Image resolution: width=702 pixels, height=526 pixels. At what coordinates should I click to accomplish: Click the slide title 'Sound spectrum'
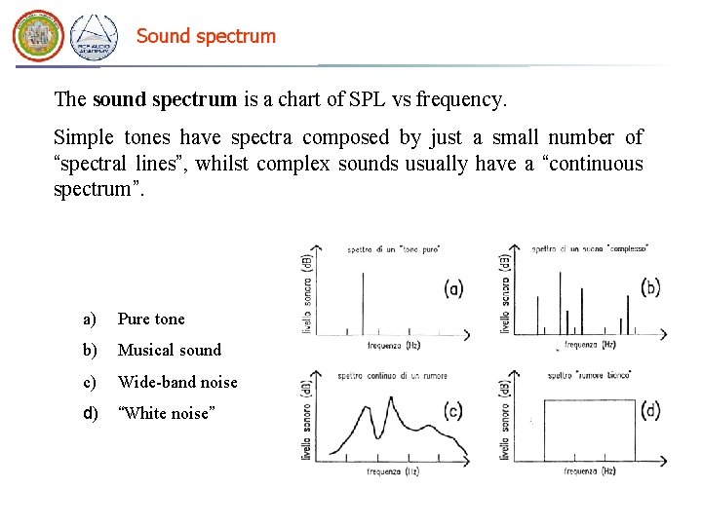click(x=206, y=36)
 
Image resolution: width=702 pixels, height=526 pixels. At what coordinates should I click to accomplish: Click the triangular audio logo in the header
click(x=94, y=37)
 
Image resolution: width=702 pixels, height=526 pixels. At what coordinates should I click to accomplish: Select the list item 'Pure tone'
click(x=150, y=319)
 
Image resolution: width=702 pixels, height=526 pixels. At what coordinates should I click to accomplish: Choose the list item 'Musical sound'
click(x=169, y=350)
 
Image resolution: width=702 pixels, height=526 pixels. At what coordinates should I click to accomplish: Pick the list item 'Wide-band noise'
click(x=176, y=382)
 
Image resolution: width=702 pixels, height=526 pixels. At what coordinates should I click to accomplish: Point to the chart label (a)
click(x=453, y=288)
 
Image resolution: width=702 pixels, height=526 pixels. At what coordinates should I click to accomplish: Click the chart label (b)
click(x=651, y=286)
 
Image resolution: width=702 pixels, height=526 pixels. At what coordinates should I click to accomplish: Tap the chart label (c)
click(x=452, y=411)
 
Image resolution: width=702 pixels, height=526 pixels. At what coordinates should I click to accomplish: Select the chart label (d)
click(x=651, y=411)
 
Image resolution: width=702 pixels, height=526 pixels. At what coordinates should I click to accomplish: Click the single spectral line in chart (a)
click(x=363, y=302)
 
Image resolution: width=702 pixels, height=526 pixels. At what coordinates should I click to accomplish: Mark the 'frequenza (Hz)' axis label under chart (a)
click(x=394, y=346)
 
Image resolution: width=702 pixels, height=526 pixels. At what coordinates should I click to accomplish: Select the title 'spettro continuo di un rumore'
click(x=390, y=375)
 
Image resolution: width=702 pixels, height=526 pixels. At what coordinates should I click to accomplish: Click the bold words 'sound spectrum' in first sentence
click(x=164, y=99)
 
